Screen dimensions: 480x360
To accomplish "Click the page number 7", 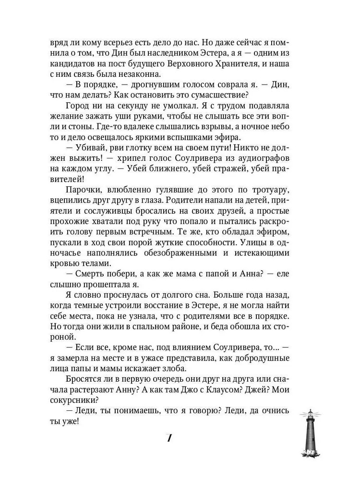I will click(x=169, y=438).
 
